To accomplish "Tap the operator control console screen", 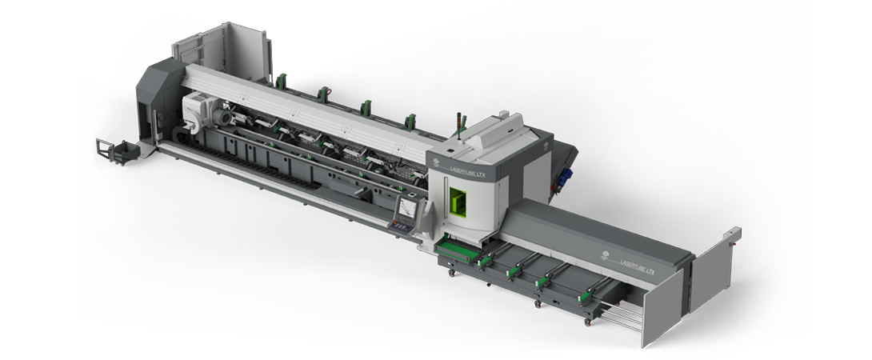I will tap(407, 209).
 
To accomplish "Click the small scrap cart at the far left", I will tap(114, 150).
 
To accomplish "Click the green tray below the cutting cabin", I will tap(455, 250).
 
